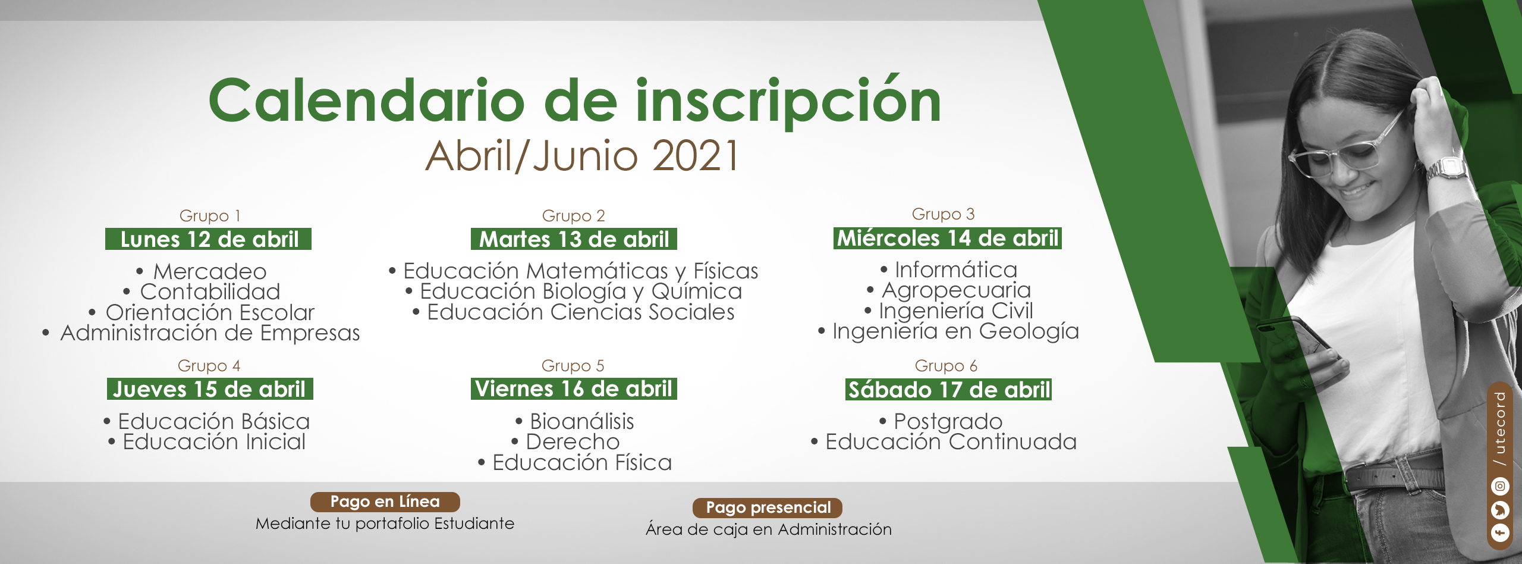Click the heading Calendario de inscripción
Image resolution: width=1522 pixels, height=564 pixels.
tap(574, 101)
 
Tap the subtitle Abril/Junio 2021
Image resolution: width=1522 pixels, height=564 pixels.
tap(583, 155)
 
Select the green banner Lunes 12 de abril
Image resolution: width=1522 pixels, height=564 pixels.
tap(209, 239)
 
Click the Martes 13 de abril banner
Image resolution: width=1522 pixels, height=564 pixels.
tap(574, 239)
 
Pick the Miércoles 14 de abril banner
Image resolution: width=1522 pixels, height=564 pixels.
tap(948, 238)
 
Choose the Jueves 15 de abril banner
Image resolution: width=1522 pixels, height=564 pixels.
tap(210, 389)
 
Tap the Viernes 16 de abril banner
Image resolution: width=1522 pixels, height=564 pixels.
tap(574, 388)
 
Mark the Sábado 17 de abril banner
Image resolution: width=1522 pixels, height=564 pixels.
tap(949, 390)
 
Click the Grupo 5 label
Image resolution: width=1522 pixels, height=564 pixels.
tap(573, 365)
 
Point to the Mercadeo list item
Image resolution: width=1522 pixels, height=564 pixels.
tap(202, 271)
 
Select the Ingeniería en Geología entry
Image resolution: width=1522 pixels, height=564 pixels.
tap(949, 331)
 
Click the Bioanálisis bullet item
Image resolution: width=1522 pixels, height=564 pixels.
tap(575, 421)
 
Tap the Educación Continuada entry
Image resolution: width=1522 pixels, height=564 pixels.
tap(944, 441)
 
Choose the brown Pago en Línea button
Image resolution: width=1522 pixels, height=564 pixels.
tap(385, 502)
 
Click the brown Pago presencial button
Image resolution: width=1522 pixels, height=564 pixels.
tap(768, 507)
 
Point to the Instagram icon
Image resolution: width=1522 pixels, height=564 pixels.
tap(1500, 486)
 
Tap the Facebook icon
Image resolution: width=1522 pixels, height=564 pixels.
tap(1500, 532)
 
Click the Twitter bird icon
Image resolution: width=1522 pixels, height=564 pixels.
tap(1500, 510)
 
